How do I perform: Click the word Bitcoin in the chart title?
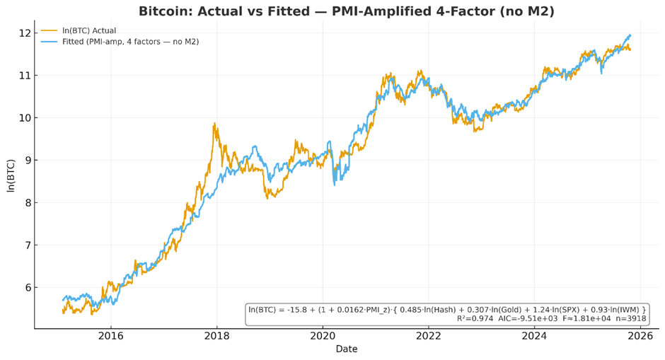point(164,11)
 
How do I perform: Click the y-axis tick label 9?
point(26,161)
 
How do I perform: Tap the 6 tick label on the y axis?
point(26,288)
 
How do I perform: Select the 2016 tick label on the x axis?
point(110,336)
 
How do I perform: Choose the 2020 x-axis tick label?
point(323,336)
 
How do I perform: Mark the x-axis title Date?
point(346,349)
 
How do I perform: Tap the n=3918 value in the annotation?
point(630,319)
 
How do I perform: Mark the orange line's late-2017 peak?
point(214,124)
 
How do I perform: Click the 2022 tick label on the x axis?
point(429,336)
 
